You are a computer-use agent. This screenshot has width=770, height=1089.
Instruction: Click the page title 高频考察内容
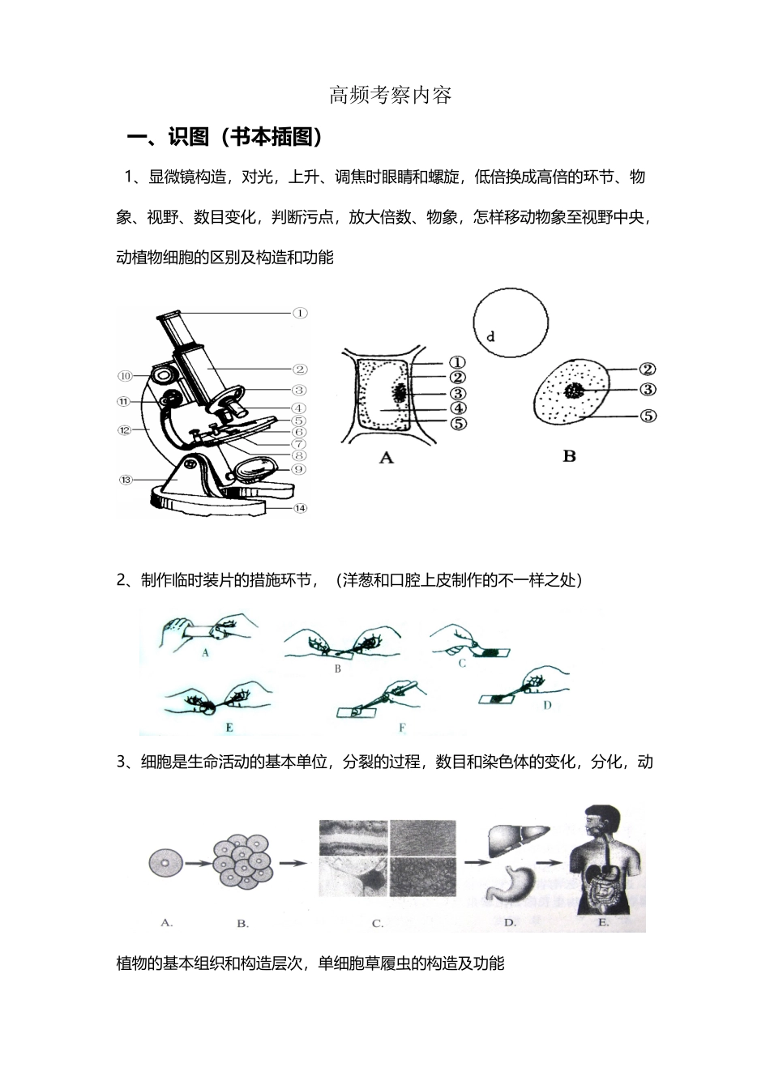(391, 96)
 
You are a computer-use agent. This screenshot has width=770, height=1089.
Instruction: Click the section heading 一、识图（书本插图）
(226, 138)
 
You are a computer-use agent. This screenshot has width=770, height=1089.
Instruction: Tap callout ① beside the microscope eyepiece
(300, 313)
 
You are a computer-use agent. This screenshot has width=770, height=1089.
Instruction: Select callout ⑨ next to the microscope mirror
(298, 468)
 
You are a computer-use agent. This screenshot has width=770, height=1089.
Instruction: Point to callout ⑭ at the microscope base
(300, 508)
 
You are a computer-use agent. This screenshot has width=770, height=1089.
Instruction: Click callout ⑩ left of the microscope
(125, 375)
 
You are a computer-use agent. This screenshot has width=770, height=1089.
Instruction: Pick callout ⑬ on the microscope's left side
(125, 480)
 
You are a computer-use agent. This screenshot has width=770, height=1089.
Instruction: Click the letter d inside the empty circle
(490, 336)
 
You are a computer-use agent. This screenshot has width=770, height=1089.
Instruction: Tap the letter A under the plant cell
(387, 458)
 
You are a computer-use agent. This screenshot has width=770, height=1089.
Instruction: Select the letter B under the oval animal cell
(569, 456)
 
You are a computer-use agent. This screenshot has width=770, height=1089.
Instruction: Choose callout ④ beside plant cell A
(458, 408)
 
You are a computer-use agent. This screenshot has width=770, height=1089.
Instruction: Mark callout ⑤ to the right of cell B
(648, 416)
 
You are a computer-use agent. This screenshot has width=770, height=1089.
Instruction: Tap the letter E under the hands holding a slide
(229, 727)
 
